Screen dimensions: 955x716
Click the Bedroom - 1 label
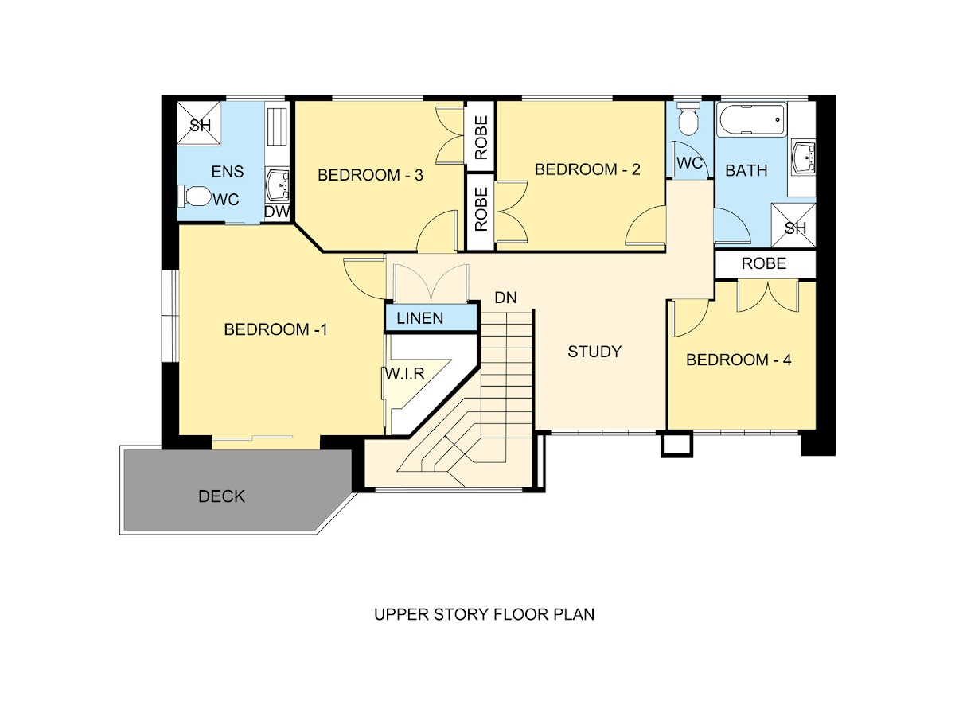pos(275,329)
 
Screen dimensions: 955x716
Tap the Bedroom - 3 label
pos(370,175)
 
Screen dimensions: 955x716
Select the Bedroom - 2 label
pos(587,169)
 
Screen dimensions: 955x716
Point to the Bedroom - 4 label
pos(739,360)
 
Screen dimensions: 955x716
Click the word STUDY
pos(594,352)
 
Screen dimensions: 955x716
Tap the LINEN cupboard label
pos(420,318)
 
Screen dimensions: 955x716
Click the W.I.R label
pos(404,373)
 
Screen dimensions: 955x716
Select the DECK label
pos(221,496)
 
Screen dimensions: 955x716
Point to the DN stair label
pos(505,298)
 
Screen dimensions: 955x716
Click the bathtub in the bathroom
pos(751,119)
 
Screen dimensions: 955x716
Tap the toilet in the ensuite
pos(194,196)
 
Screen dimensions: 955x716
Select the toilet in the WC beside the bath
pos(688,118)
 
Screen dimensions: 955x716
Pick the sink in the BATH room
pos(803,157)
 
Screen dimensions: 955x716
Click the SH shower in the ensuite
pos(199,123)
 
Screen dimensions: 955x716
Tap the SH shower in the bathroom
pos(793,225)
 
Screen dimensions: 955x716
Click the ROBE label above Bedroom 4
pos(763,263)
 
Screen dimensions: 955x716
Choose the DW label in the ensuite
pos(277,212)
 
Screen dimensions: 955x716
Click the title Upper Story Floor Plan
pos(484,614)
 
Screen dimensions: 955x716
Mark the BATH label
pos(746,170)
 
